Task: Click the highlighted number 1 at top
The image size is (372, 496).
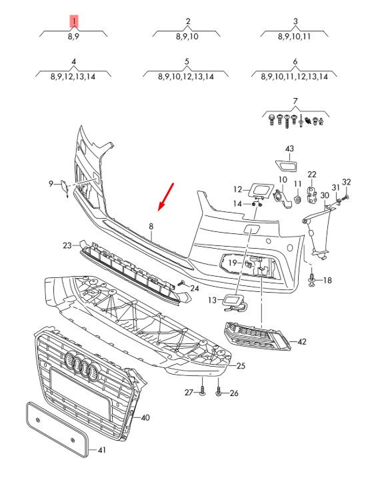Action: coord(73,21)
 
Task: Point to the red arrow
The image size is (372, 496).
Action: coord(166,197)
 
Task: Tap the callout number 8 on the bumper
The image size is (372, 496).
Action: coord(151,227)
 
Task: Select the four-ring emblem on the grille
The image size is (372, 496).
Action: coord(81,365)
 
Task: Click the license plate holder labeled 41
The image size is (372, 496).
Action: coord(57,429)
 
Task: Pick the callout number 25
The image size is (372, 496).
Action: coord(241,366)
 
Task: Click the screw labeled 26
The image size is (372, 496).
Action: coord(218,392)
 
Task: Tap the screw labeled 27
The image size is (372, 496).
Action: coord(203,391)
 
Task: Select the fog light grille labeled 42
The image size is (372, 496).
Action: coord(257,337)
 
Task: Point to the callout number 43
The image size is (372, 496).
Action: coord(289,149)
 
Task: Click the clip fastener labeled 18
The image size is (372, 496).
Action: coord(312,279)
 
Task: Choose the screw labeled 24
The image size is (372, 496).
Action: coord(181,283)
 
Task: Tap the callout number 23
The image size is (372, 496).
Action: coord(67,245)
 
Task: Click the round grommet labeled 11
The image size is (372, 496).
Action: coord(297,199)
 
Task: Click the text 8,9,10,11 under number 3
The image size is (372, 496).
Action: coord(294,37)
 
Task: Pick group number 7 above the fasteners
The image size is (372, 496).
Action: coord(295,101)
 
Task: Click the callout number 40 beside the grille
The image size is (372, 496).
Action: coord(145,418)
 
